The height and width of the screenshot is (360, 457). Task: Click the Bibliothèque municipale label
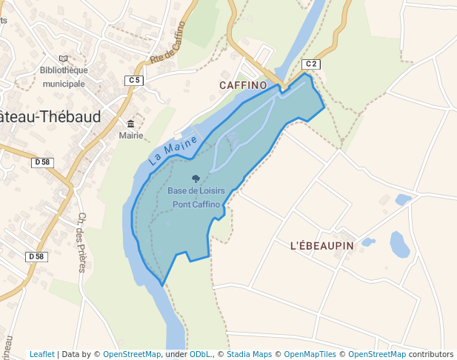click(64, 77)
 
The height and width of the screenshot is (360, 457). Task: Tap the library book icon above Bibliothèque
click(63, 59)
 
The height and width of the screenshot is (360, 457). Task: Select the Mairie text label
click(131, 136)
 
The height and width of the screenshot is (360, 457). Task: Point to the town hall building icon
click(131, 124)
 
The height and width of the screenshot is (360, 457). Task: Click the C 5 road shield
click(134, 80)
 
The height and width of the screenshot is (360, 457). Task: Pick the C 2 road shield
click(311, 64)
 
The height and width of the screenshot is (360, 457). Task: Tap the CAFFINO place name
click(243, 85)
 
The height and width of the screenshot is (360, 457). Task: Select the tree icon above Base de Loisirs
click(196, 179)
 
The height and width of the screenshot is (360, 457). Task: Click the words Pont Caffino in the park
click(196, 204)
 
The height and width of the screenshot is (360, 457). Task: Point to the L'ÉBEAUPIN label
click(322, 245)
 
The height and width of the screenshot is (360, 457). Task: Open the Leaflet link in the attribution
click(41, 354)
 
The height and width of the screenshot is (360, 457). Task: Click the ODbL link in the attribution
click(200, 354)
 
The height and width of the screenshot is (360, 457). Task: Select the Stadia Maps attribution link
click(249, 354)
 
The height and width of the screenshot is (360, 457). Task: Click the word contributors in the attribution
click(431, 354)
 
